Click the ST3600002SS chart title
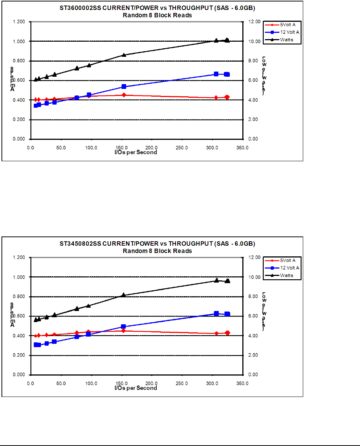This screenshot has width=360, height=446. [x=157, y=8]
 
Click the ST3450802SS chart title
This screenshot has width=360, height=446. [x=157, y=243]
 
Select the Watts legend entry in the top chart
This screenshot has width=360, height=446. [x=286, y=39]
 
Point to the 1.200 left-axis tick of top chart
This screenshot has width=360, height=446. [x=19, y=22]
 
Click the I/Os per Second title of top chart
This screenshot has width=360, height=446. [x=136, y=152]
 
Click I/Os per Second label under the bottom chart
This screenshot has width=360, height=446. [x=136, y=388]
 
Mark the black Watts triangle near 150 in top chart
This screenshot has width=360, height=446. [x=124, y=55]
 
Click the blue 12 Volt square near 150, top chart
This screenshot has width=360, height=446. [x=124, y=87]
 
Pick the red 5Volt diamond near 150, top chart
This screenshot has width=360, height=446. [x=124, y=95]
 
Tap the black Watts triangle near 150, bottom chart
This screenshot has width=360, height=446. [x=124, y=295]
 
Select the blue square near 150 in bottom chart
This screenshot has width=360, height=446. [x=124, y=327]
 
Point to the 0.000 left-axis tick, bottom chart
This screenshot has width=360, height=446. [x=19, y=375]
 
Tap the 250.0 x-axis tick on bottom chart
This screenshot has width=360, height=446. [x=182, y=383]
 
